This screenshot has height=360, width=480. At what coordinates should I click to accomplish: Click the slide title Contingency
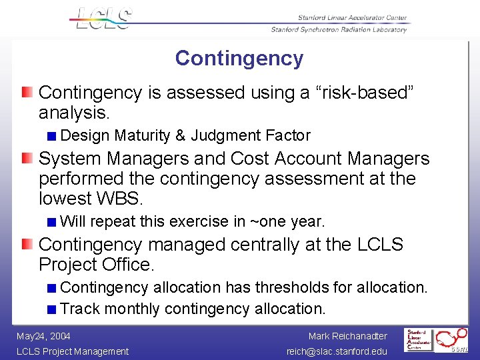(239, 59)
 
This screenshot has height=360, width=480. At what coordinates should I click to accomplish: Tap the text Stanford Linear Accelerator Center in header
(343, 18)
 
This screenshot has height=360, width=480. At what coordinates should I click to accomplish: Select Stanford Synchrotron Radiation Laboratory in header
(339, 29)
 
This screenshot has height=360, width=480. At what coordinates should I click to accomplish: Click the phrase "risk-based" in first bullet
(364, 93)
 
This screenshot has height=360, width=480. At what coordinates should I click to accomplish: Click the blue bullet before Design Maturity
(52, 136)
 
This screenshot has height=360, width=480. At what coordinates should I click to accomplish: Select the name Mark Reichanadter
(347, 337)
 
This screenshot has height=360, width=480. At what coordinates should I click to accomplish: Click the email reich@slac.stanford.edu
(337, 351)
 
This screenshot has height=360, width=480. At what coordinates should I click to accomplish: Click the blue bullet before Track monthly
(52, 309)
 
